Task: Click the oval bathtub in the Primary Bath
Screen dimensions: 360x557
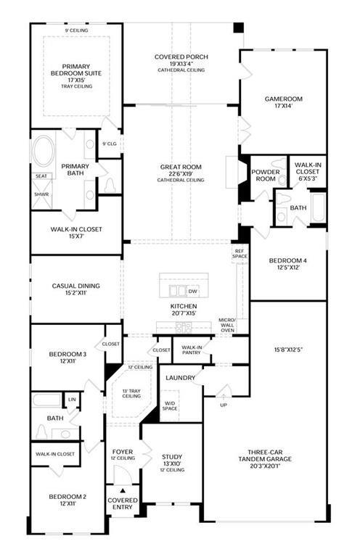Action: [44, 151]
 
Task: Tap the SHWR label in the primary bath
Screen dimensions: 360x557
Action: [41, 194]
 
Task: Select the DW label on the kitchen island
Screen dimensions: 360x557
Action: [192, 292]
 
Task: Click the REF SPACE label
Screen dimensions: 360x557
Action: [240, 254]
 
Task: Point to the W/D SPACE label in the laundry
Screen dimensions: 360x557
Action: [170, 406]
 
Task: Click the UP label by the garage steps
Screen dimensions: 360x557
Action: [224, 405]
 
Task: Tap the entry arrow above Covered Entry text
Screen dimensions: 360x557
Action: [123, 490]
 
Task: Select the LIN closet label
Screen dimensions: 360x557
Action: [72, 400]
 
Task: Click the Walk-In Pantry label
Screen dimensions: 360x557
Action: [191, 350]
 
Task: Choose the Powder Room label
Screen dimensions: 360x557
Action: [266, 176]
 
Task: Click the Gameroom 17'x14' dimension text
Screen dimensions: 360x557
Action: [283, 105]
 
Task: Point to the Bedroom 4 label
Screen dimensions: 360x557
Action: [288, 261]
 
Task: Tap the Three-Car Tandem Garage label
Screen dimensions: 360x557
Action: [265, 455]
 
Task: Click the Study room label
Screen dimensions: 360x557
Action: [172, 457]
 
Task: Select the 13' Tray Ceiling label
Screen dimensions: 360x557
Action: [131, 394]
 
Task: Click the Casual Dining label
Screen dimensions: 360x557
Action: [76, 286]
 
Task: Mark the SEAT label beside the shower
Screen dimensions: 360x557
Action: [41, 176]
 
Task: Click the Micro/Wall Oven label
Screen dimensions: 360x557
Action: [227, 325]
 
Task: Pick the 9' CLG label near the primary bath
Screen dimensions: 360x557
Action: [110, 144]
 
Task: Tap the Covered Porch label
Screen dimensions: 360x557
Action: [181, 57]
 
